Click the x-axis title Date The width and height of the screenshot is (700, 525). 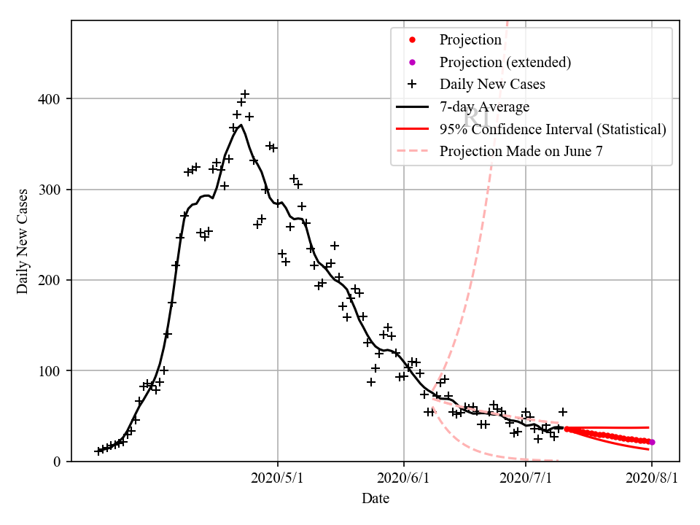376,499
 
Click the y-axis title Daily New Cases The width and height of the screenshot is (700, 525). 23,241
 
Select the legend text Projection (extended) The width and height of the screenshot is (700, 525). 505,62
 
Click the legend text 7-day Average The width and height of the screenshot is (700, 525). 484,107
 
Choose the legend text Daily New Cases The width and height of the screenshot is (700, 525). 492,85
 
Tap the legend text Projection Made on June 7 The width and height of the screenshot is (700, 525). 521,152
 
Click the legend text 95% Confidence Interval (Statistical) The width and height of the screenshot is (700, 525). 553,129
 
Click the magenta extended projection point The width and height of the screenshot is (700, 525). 652,442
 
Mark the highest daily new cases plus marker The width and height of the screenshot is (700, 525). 245,94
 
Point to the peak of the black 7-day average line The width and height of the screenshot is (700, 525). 241,125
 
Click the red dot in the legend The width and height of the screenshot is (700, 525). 412,39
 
